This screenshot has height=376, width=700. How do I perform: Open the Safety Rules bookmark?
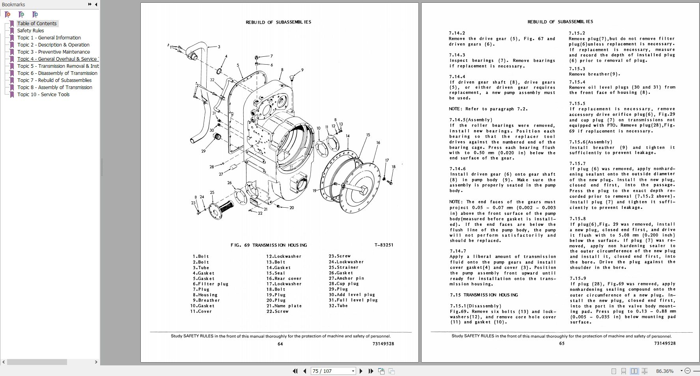coord(30,31)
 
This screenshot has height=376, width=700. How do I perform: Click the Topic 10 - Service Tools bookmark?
coord(43,95)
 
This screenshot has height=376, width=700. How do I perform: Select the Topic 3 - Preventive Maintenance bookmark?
coord(53,52)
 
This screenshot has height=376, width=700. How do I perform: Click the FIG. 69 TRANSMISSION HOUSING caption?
coord(269,245)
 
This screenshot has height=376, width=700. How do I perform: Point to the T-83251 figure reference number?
coord(384,245)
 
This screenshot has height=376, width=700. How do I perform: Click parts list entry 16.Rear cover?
coord(284,279)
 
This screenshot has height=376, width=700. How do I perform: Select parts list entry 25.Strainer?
coord(343,268)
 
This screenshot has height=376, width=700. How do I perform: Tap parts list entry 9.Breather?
coord(206,300)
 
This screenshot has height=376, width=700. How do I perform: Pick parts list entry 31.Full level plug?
coord(353,300)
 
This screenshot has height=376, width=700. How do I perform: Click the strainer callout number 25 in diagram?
coord(212,193)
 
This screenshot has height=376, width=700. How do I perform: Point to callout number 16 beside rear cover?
coord(378,143)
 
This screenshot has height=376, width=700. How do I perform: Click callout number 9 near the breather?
coord(302,70)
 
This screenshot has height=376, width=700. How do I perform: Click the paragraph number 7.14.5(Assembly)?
coord(471,120)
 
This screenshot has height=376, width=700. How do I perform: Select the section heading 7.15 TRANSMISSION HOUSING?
coord(484,295)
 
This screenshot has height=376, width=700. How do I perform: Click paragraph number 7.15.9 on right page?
coord(577,279)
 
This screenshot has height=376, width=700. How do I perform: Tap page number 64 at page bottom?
coord(280,344)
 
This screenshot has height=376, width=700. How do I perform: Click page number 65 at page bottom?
coord(562,344)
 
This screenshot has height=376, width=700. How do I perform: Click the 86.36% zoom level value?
coord(665,371)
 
